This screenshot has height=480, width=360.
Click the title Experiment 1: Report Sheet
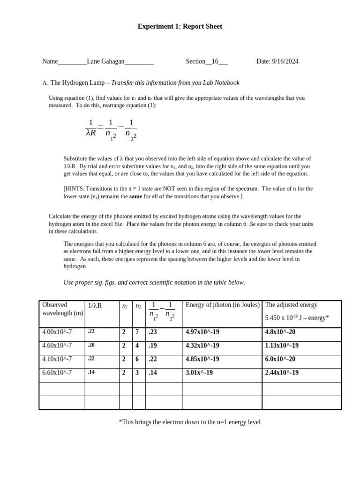(x=180, y=27)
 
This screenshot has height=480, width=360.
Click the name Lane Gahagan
(x=105, y=61)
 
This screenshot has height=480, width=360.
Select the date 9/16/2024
(x=285, y=61)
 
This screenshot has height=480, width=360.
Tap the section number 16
(x=215, y=61)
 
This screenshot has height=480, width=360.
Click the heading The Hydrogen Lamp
(x=77, y=83)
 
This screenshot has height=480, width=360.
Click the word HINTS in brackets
(x=75, y=189)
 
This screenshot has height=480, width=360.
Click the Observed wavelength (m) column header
(x=62, y=309)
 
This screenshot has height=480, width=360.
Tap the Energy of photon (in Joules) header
(x=222, y=305)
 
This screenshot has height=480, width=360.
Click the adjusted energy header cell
(x=301, y=311)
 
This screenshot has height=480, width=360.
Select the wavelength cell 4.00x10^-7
(x=57, y=332)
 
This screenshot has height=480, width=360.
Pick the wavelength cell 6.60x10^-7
(x=57, y=373)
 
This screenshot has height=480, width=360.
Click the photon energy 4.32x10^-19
(x=202, y=346)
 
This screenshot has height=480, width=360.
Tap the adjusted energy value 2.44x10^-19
(x=282, y=373)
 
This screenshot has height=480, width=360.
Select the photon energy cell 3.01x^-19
(x=199, y=373)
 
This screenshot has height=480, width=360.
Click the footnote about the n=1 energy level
(x=190, y=422)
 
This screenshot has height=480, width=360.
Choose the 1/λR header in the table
(x=95, y=306)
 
